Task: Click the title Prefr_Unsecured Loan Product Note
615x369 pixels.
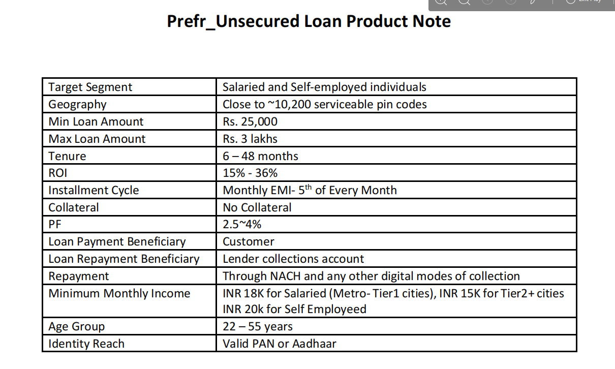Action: point(309,22)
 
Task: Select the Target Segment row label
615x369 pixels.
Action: point(90,87)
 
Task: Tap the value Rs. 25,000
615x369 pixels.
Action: point(250,121)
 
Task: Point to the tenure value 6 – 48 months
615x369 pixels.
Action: point(260,156)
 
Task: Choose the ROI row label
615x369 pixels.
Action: point(57,173)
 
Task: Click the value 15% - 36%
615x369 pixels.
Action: point(250,173)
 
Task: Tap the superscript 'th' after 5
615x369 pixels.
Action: point(309,187)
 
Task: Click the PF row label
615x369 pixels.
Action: point(55,225)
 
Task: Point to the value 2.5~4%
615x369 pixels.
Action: point(242,225)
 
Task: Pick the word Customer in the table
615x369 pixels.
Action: point(249,242)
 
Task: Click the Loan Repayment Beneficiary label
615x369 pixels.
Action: point(124,259)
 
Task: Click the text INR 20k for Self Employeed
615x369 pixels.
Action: point(295,310)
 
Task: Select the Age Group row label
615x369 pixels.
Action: point(77,327)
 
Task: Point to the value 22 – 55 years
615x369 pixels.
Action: point(258,327)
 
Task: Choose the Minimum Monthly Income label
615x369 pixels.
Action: point(119,293)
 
